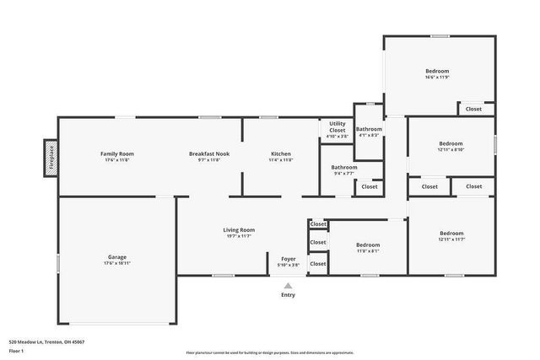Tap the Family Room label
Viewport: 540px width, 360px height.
pyautogui.click(x=117, y=153)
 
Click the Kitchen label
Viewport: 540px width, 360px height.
pyautogui.click(x=281, y=153)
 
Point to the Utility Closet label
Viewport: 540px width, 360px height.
pyautogui.click(x=337, y=126)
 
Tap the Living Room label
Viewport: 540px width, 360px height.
pyautogui.click(x=239, y=229)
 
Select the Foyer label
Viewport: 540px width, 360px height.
pyautogui.click(x=288, y=259)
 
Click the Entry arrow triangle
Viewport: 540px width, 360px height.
pyautogui.click(x=288, y=286)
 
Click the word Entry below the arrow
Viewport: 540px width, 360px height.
pyautogui.click(x=288, y=295)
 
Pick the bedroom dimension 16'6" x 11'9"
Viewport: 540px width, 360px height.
pyautogui.click(x=437, y=78)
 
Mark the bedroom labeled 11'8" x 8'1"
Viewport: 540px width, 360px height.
pyautogui.click(x=367, y=250)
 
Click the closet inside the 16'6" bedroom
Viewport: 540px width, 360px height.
pyautogui.click(x=473, y=109)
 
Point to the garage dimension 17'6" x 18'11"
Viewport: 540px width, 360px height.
pyautogui.click(x=117, y=263)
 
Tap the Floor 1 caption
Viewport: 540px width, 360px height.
pyautogui.click(x=16, y=351)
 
